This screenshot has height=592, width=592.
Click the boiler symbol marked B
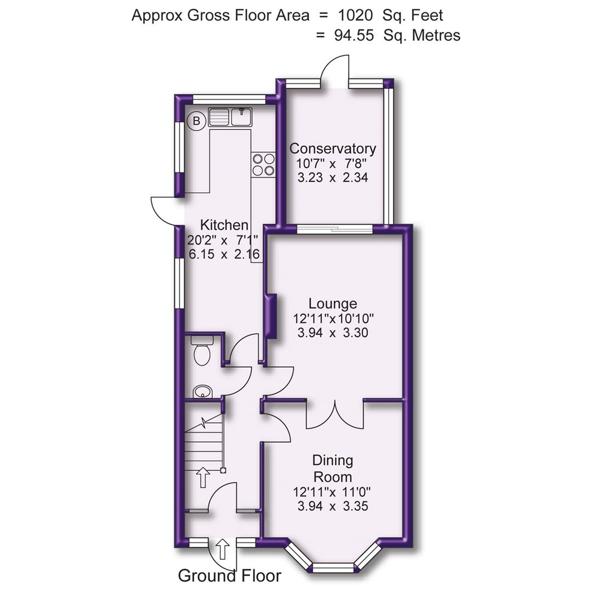196,121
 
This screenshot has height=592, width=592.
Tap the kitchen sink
229,117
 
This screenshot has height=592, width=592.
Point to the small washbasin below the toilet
203,391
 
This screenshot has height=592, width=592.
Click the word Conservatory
333,149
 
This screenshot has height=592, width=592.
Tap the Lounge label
332,303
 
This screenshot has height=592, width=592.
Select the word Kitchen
224,225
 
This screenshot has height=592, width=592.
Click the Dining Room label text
332,468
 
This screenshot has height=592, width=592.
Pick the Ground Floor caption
229,576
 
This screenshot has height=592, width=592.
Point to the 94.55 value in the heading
354,36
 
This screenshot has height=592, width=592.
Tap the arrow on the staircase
203,477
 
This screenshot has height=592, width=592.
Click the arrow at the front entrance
223,548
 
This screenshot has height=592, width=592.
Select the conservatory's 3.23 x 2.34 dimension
332,178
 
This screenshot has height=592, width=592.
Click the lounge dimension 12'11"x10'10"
332,318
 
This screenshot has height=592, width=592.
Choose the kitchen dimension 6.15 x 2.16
224,254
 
